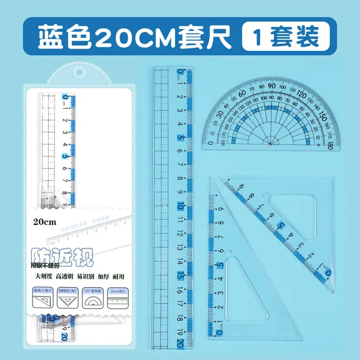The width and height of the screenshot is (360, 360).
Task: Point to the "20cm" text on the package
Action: pos(45,222)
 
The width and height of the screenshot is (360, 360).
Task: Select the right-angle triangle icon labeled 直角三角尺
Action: pos(42,300)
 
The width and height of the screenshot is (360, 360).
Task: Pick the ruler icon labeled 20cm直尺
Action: pos(117,300)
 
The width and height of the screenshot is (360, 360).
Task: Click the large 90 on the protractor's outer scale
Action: pos(272,86)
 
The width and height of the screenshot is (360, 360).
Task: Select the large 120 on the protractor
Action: pos(302,93)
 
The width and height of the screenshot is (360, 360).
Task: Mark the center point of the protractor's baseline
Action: pos(270,144)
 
